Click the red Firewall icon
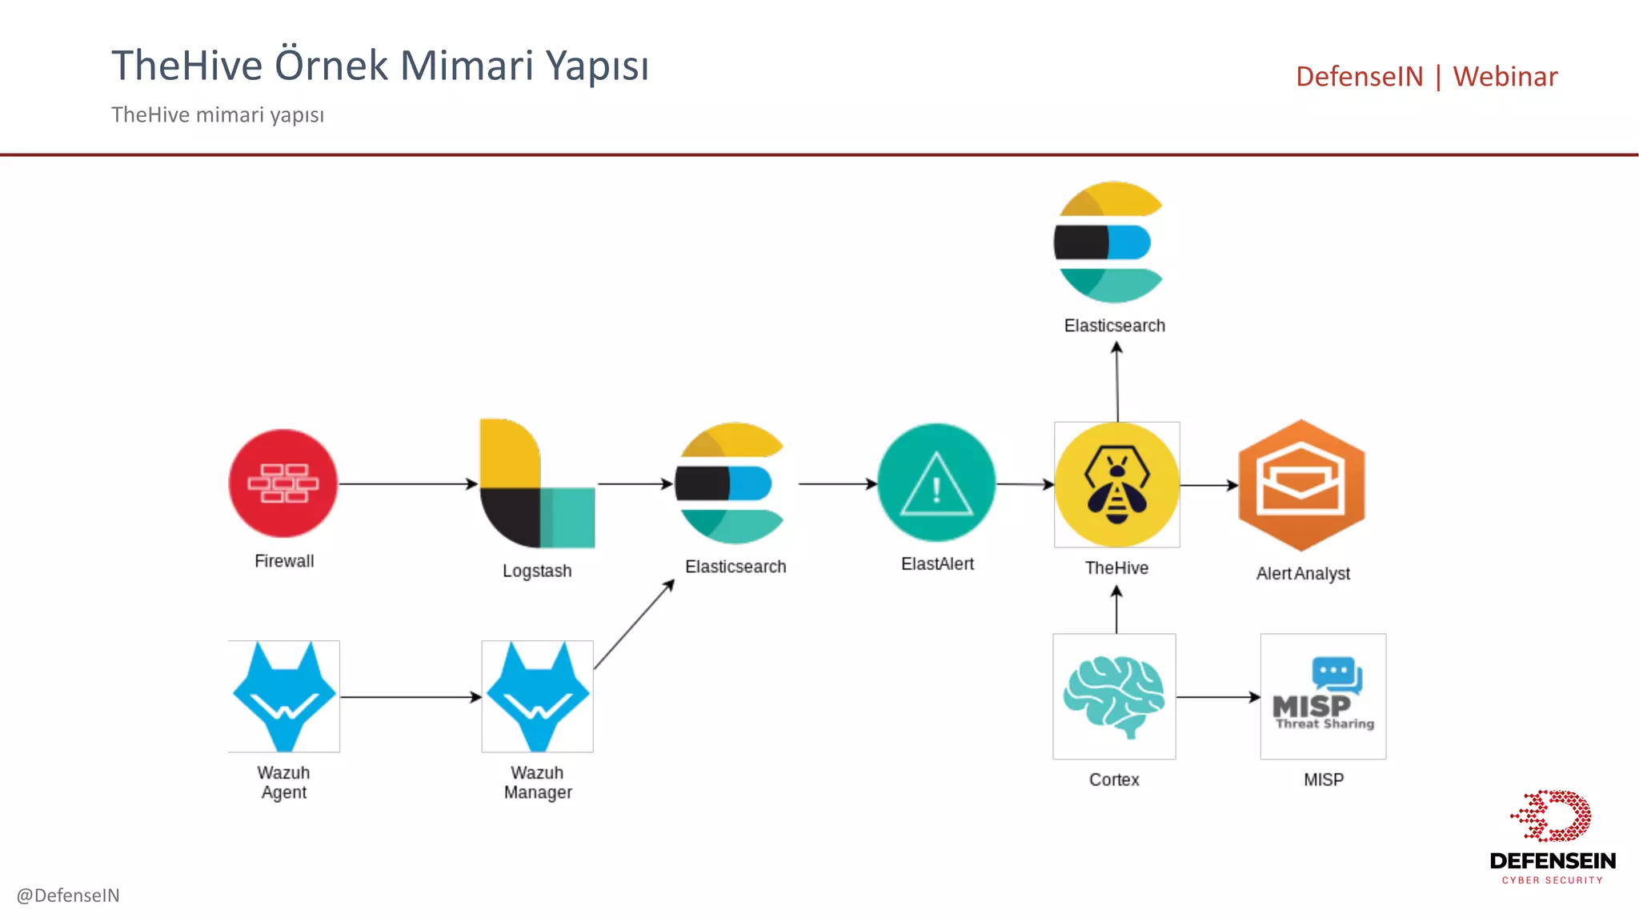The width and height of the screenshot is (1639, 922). click(283, 483)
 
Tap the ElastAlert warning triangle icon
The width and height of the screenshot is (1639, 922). click(936, 483)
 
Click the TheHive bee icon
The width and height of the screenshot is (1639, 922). click(1116, 485)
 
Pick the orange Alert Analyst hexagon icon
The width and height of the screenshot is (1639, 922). click(1301, 485)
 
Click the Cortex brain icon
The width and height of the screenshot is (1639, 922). click(1114, 696)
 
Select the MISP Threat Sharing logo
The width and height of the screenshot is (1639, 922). click(1323, 696)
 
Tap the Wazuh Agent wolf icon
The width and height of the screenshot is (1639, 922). click(284, 696)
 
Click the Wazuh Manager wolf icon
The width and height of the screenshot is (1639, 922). click(537, 696)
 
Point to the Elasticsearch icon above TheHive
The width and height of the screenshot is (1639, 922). click(1108, 242)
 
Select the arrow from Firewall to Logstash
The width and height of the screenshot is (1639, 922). click(408, 483)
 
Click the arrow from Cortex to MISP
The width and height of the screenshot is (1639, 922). click(1218, 697)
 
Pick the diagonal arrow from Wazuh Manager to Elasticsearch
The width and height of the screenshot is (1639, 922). click(634, 624)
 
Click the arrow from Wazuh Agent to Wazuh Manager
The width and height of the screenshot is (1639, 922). click(410, 697)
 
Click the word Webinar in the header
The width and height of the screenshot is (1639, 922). click(1505, 77)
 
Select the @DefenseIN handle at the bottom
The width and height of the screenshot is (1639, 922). click(68, 895)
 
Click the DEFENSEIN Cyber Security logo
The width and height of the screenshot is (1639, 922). click(1552, 836)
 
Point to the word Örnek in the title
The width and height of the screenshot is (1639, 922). click(331, 66)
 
